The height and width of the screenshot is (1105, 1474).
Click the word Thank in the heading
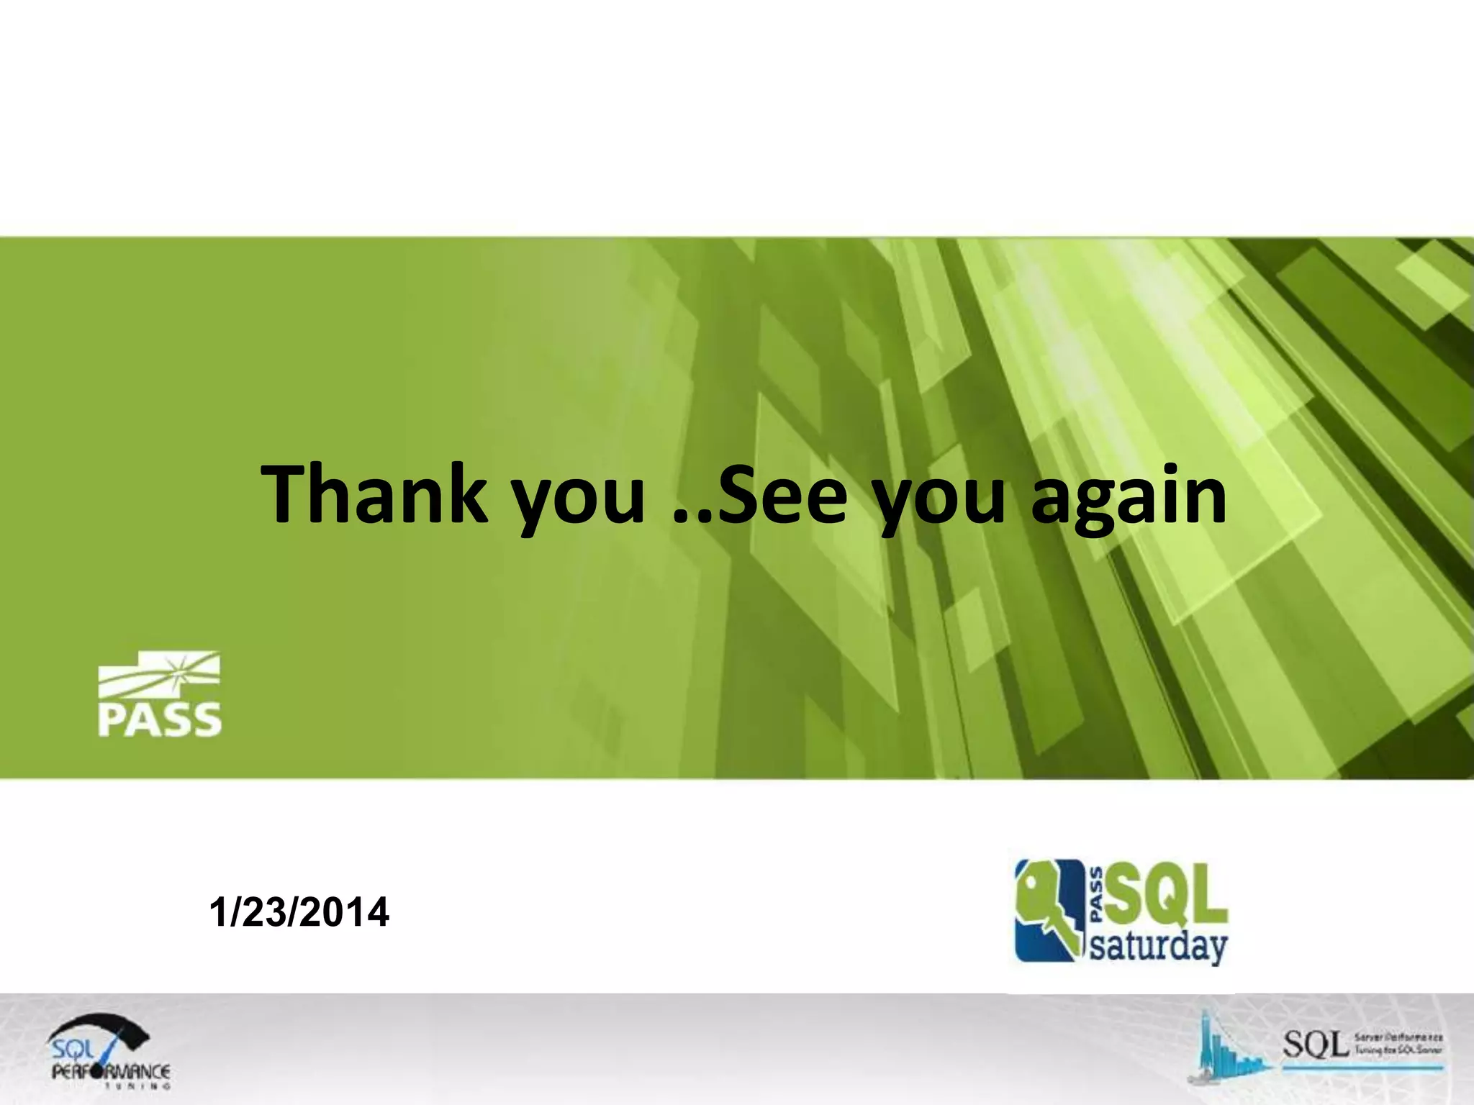374,495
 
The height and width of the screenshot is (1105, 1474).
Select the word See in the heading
782,495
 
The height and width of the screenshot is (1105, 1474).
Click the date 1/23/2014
299,912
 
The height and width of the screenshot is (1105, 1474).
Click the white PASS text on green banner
160,719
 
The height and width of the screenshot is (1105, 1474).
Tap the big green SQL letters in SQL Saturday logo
1166,895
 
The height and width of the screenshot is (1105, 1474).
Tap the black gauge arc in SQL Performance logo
101,1026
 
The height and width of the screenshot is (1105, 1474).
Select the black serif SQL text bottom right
1315,1045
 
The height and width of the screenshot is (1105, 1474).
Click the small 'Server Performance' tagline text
1398,1037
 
